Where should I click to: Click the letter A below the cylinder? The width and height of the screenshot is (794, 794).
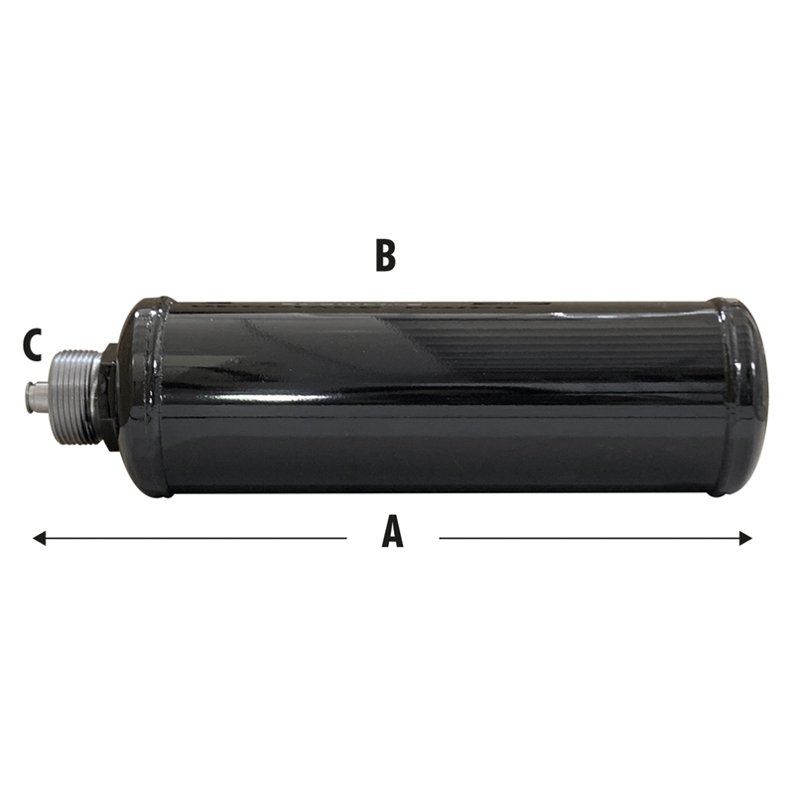(392, 531)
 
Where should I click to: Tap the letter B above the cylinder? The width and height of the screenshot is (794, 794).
(385, 256)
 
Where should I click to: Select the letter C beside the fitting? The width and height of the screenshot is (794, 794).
(32, 344)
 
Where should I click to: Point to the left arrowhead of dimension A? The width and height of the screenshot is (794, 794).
(39, 538)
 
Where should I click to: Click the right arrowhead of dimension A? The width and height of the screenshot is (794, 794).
(745, 538)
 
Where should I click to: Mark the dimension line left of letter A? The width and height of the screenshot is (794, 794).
(190, 538)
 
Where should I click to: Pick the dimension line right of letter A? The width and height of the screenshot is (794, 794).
(595, 538)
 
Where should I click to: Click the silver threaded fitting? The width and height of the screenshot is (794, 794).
(74, 395)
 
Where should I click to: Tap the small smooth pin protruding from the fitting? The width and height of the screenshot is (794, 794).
(37, 396)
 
